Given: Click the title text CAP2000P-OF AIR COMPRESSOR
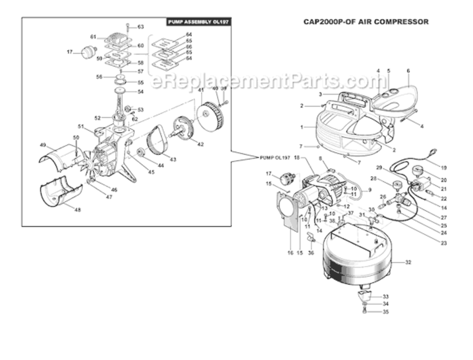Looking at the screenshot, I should click(366, 22).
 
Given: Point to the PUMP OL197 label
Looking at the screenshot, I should click(275, 157).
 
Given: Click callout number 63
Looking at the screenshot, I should click(141, 27).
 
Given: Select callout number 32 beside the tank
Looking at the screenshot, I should click(408, 263).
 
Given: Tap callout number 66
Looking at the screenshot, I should click(189, 47).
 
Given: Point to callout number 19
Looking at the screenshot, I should click(443, 168).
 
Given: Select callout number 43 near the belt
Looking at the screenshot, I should click(173, 159).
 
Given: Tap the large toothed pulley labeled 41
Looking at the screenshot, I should click(211, 117).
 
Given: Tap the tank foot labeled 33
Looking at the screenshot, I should click(365, 294).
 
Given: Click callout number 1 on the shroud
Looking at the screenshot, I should click(302, 127).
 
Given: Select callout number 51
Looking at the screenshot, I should click(81, 127).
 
